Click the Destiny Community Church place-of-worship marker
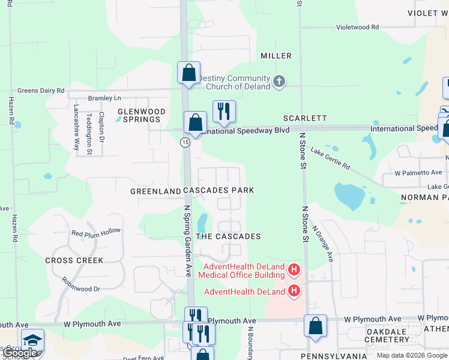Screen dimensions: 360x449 point(279,82)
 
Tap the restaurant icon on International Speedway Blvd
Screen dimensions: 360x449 point(224,112)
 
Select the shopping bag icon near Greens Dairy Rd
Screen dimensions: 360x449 point(188,73)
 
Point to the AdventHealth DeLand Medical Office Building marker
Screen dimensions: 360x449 point(294,271)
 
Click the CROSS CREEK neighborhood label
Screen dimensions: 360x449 point(74,260)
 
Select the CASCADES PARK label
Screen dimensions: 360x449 point(218,190)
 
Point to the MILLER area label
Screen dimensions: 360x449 point(276,56)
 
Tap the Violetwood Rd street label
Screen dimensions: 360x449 point(357,27)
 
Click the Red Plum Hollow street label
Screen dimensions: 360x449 point(96,232)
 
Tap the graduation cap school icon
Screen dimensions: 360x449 point(33,340)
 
